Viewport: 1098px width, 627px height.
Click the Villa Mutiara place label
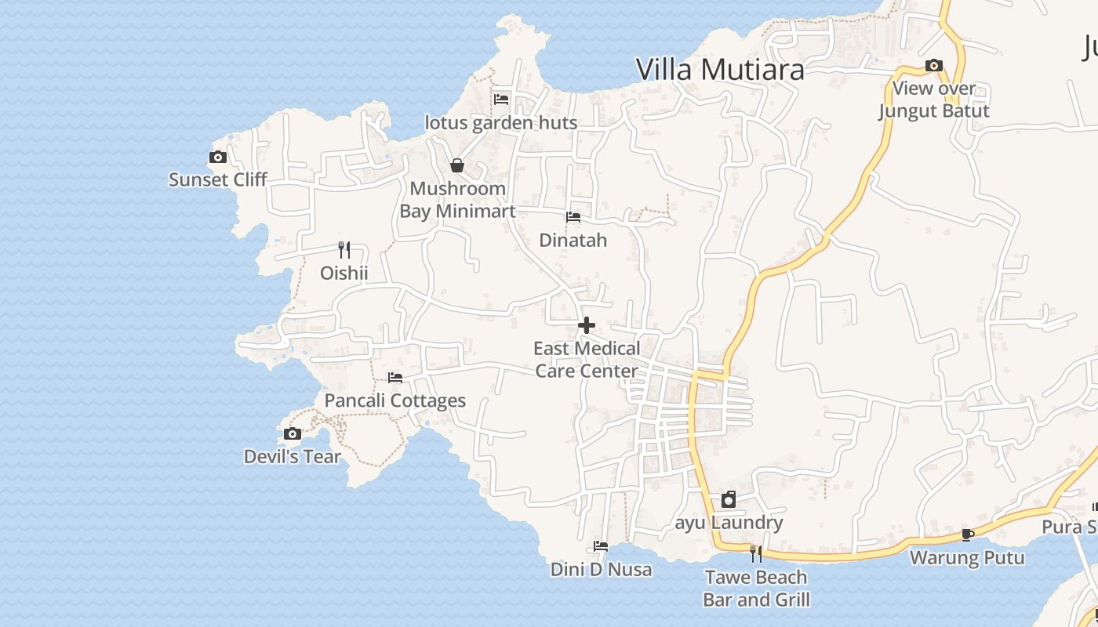click(720, 70)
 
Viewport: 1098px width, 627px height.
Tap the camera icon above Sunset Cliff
click(218, 158)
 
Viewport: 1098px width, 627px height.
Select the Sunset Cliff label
click(218, 179)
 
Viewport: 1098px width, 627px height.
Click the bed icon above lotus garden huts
click(501, 100)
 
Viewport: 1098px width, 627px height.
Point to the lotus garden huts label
click(501, 122)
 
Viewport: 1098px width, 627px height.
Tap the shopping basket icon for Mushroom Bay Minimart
click(457, 165)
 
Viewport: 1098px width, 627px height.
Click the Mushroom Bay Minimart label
click(457, 200)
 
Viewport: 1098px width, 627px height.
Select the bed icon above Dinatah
click(573, 217)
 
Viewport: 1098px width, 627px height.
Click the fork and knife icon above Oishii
click(344, 250)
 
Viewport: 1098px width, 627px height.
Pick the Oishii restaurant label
click(344, 273)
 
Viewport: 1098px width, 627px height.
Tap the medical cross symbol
click(587, 325)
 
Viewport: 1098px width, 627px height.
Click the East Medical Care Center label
click(587, 359)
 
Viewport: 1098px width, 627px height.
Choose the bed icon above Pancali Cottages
click(395, 378)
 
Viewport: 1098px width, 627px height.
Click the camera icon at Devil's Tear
click(293, 434)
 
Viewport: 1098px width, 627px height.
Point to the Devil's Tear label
click(293, 456)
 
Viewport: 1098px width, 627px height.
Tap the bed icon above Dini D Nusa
click(601, 546)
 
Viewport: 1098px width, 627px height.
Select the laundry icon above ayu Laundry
click(729, 499)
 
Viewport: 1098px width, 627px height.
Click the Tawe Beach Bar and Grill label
click(756, 588)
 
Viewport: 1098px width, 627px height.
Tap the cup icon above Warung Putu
click(968, 535)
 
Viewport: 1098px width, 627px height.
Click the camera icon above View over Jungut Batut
click(933, 66)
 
